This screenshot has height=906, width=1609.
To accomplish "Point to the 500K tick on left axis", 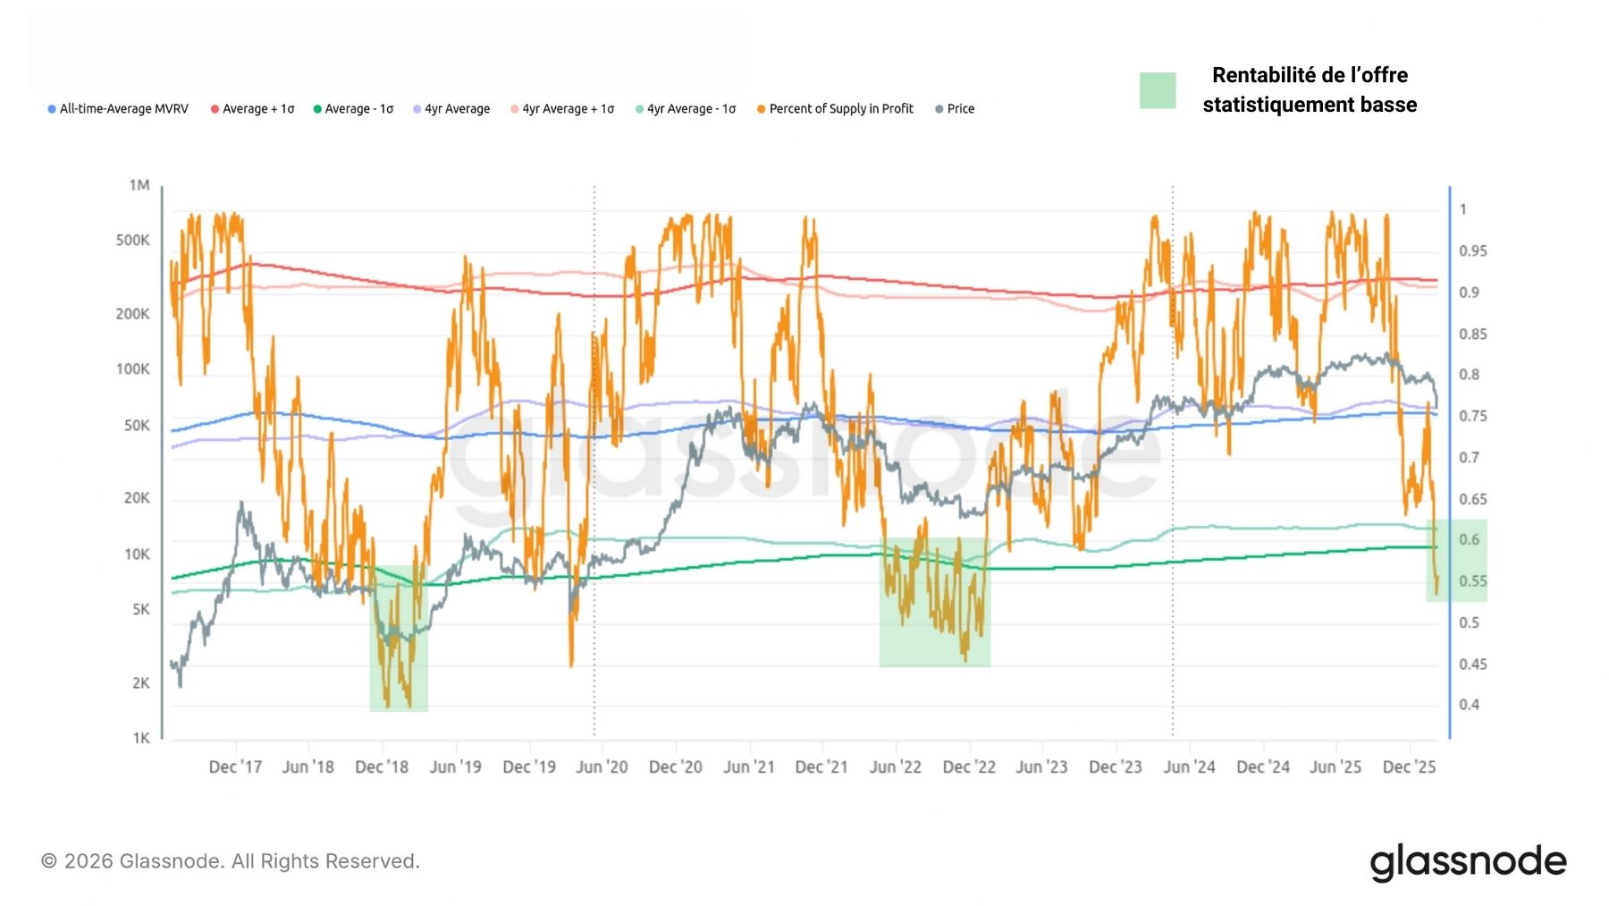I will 133,241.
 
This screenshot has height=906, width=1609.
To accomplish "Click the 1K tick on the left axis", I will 141,738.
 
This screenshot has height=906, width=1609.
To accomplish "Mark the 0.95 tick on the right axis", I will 1472,251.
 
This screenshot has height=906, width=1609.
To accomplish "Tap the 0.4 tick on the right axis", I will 1469,705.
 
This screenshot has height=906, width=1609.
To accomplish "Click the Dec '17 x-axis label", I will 235,767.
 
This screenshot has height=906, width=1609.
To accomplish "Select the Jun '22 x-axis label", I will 895,767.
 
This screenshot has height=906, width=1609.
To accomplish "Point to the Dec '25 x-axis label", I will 1409,767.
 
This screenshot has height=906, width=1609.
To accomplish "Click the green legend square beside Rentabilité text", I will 1158,90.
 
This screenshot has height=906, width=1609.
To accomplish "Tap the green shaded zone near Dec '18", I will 399,638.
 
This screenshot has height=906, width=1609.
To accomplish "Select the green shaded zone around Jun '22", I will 934,602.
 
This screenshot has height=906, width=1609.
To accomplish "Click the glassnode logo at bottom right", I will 1468,861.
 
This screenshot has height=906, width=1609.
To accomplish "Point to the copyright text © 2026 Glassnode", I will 231,861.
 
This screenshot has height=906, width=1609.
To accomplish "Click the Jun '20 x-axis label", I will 602,767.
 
